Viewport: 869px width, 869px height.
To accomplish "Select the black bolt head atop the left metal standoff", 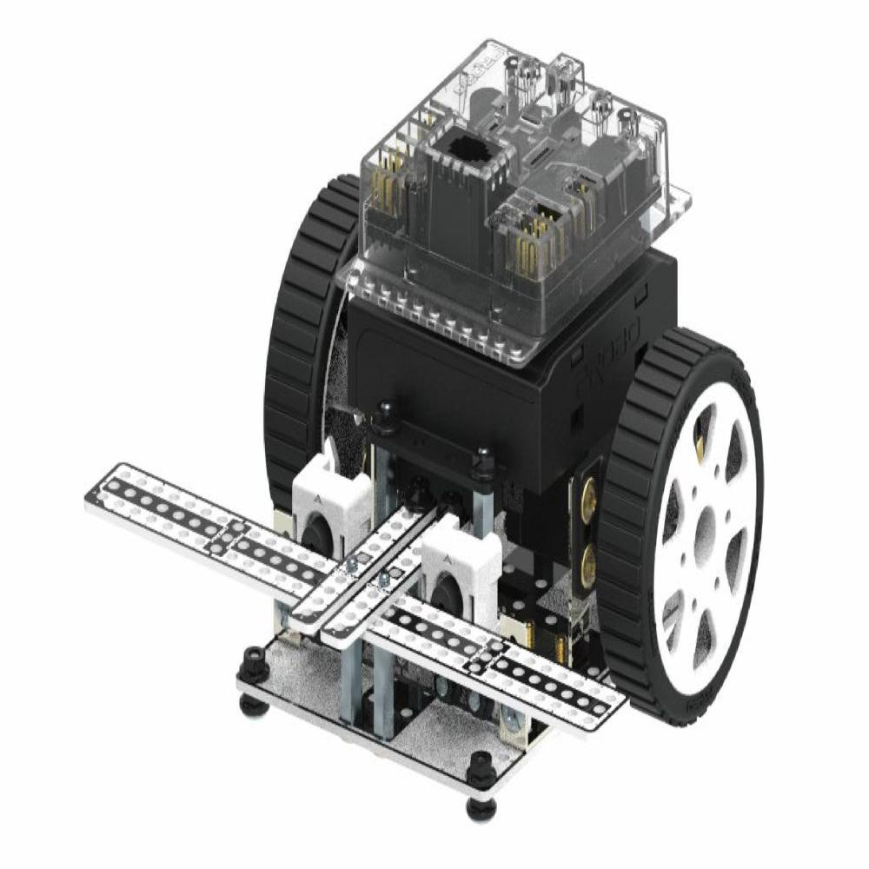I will pos(381,415).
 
